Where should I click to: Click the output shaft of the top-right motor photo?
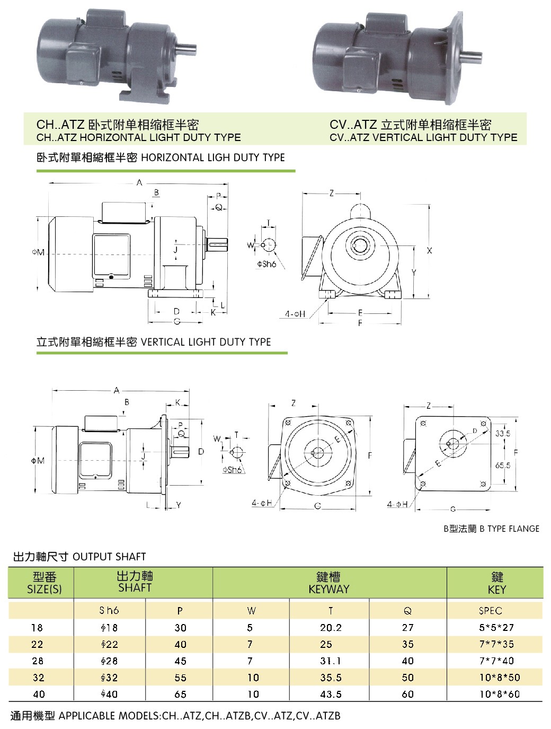(471, 55)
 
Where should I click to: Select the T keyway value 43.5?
(331, 694)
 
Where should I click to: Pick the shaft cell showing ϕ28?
(109, 661)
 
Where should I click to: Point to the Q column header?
(407, 611)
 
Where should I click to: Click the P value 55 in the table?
(180, 678)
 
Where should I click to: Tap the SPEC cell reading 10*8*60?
(500, 694)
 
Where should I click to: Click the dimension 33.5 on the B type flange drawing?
(502, 434)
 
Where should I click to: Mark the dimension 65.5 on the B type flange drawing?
(502, 465)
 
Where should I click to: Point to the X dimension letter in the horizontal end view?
(429, 250)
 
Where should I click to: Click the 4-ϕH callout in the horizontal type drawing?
(295, 314)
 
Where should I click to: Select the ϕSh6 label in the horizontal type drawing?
(267, 264)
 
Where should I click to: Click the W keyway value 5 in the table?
(250, 628)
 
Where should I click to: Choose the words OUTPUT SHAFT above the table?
(109, 557)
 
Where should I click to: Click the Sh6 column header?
(109, 611)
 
